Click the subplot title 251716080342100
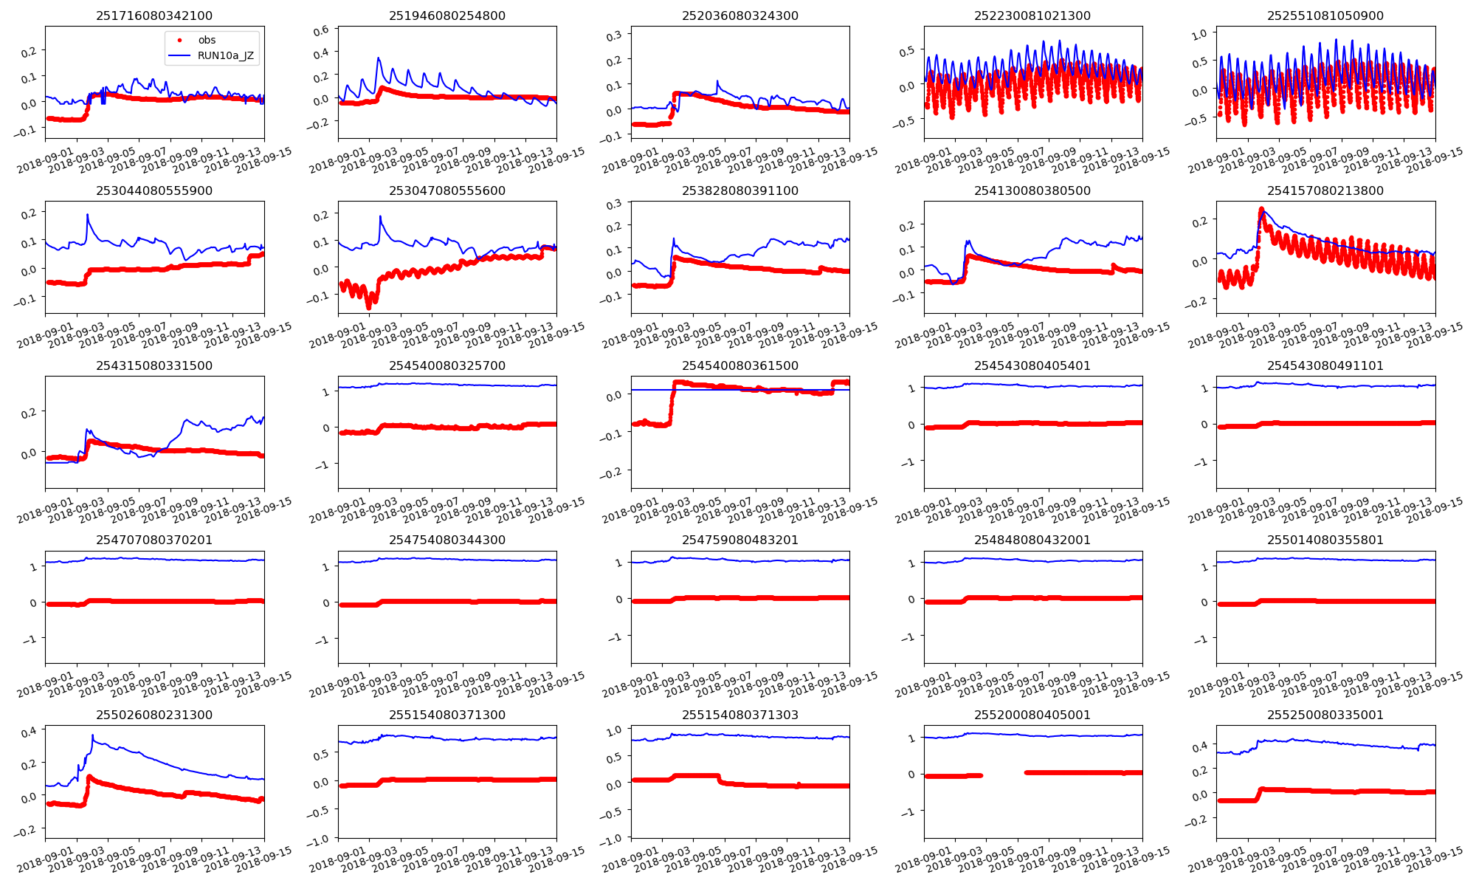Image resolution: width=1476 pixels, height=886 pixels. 154,16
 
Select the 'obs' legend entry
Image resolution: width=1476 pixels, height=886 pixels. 207,40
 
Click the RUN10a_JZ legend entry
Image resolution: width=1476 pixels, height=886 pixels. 225,55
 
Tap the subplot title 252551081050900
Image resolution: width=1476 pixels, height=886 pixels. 1325,16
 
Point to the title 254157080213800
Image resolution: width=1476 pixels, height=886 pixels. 1325,190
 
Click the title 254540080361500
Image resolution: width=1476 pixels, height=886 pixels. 740,365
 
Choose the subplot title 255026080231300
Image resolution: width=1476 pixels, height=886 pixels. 154,715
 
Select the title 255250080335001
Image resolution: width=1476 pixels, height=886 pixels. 1325,715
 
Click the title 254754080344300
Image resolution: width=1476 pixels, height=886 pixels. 447,540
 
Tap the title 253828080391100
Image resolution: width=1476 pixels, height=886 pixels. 740,190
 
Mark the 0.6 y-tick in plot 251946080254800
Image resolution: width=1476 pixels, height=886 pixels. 321,31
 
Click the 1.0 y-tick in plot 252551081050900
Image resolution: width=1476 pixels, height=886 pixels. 1199,34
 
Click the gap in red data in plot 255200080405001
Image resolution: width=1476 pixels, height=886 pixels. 1004,774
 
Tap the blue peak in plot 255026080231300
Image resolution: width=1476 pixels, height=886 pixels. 92,735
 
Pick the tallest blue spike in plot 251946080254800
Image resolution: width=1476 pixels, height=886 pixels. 379,58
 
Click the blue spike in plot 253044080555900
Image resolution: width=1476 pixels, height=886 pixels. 87,215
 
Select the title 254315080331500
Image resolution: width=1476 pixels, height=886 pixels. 154,365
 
